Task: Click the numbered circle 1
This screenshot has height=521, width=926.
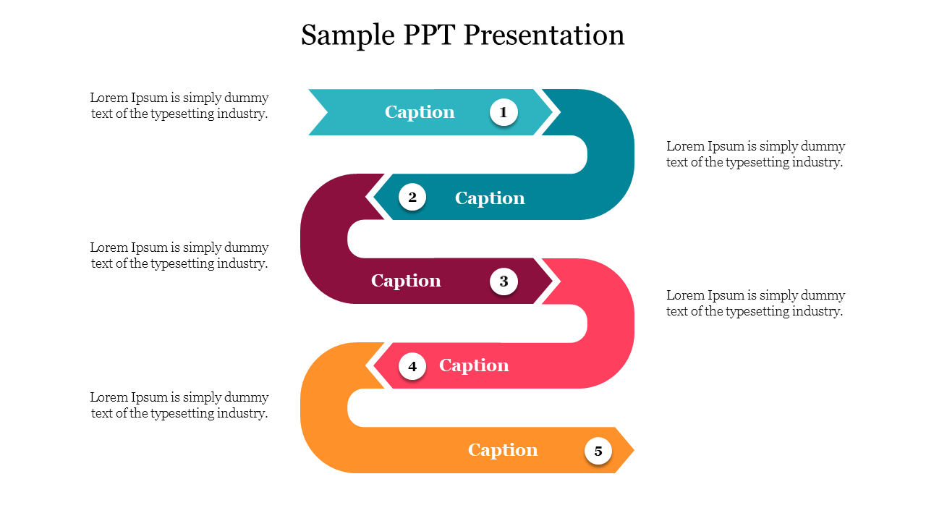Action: (504, 112)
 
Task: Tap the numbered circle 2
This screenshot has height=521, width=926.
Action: (412, 197)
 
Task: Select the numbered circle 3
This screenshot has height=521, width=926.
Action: (504, 281)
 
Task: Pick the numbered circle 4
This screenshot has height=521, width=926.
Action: (412, 366)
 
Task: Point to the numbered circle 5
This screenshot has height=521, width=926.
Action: (598, 451)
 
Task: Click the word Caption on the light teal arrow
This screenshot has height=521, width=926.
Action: (420, 112)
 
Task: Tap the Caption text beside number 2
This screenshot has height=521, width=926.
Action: (490, 198)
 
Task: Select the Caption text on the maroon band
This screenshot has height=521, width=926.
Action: (406, 281)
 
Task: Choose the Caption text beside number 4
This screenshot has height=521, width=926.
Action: (474, 365)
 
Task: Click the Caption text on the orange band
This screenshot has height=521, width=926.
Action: (503, 450)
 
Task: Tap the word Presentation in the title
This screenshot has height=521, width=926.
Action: (544, 35)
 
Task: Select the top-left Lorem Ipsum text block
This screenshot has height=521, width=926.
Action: (179, 106)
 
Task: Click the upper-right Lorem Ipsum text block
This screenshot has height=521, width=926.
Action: (755, 154)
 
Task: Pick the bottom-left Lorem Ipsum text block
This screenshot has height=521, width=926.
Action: (179, 405)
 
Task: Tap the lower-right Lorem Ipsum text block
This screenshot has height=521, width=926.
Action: (755, 303)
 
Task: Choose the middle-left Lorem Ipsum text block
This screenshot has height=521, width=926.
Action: (179, 255)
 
